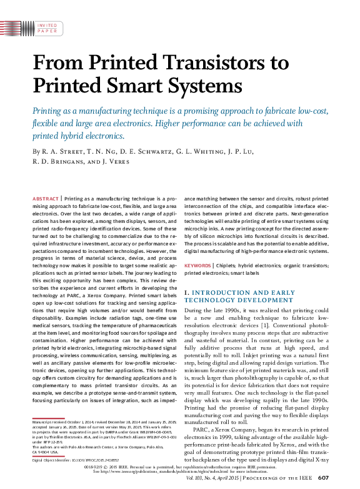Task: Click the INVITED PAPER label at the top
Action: (x=47, y=27)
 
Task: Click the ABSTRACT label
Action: (x=45, y=197)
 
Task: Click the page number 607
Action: (x=323, y=478)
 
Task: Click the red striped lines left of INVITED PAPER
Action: (x=18, y=27)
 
